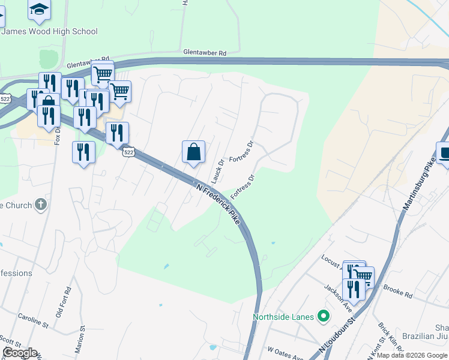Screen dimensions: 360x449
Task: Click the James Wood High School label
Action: tap(49, 31)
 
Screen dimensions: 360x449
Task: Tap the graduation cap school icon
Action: tap(40, 8)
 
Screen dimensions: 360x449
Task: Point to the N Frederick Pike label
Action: tap(218, 203)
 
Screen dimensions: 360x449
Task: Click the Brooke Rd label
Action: tap(400, 295)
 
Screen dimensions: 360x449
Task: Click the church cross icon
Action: tap(40, 205)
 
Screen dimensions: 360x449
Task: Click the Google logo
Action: tap(20, 353)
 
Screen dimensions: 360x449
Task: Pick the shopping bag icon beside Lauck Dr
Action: tap(193, 152)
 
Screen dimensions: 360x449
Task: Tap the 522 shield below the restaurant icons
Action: tap(128, 152)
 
